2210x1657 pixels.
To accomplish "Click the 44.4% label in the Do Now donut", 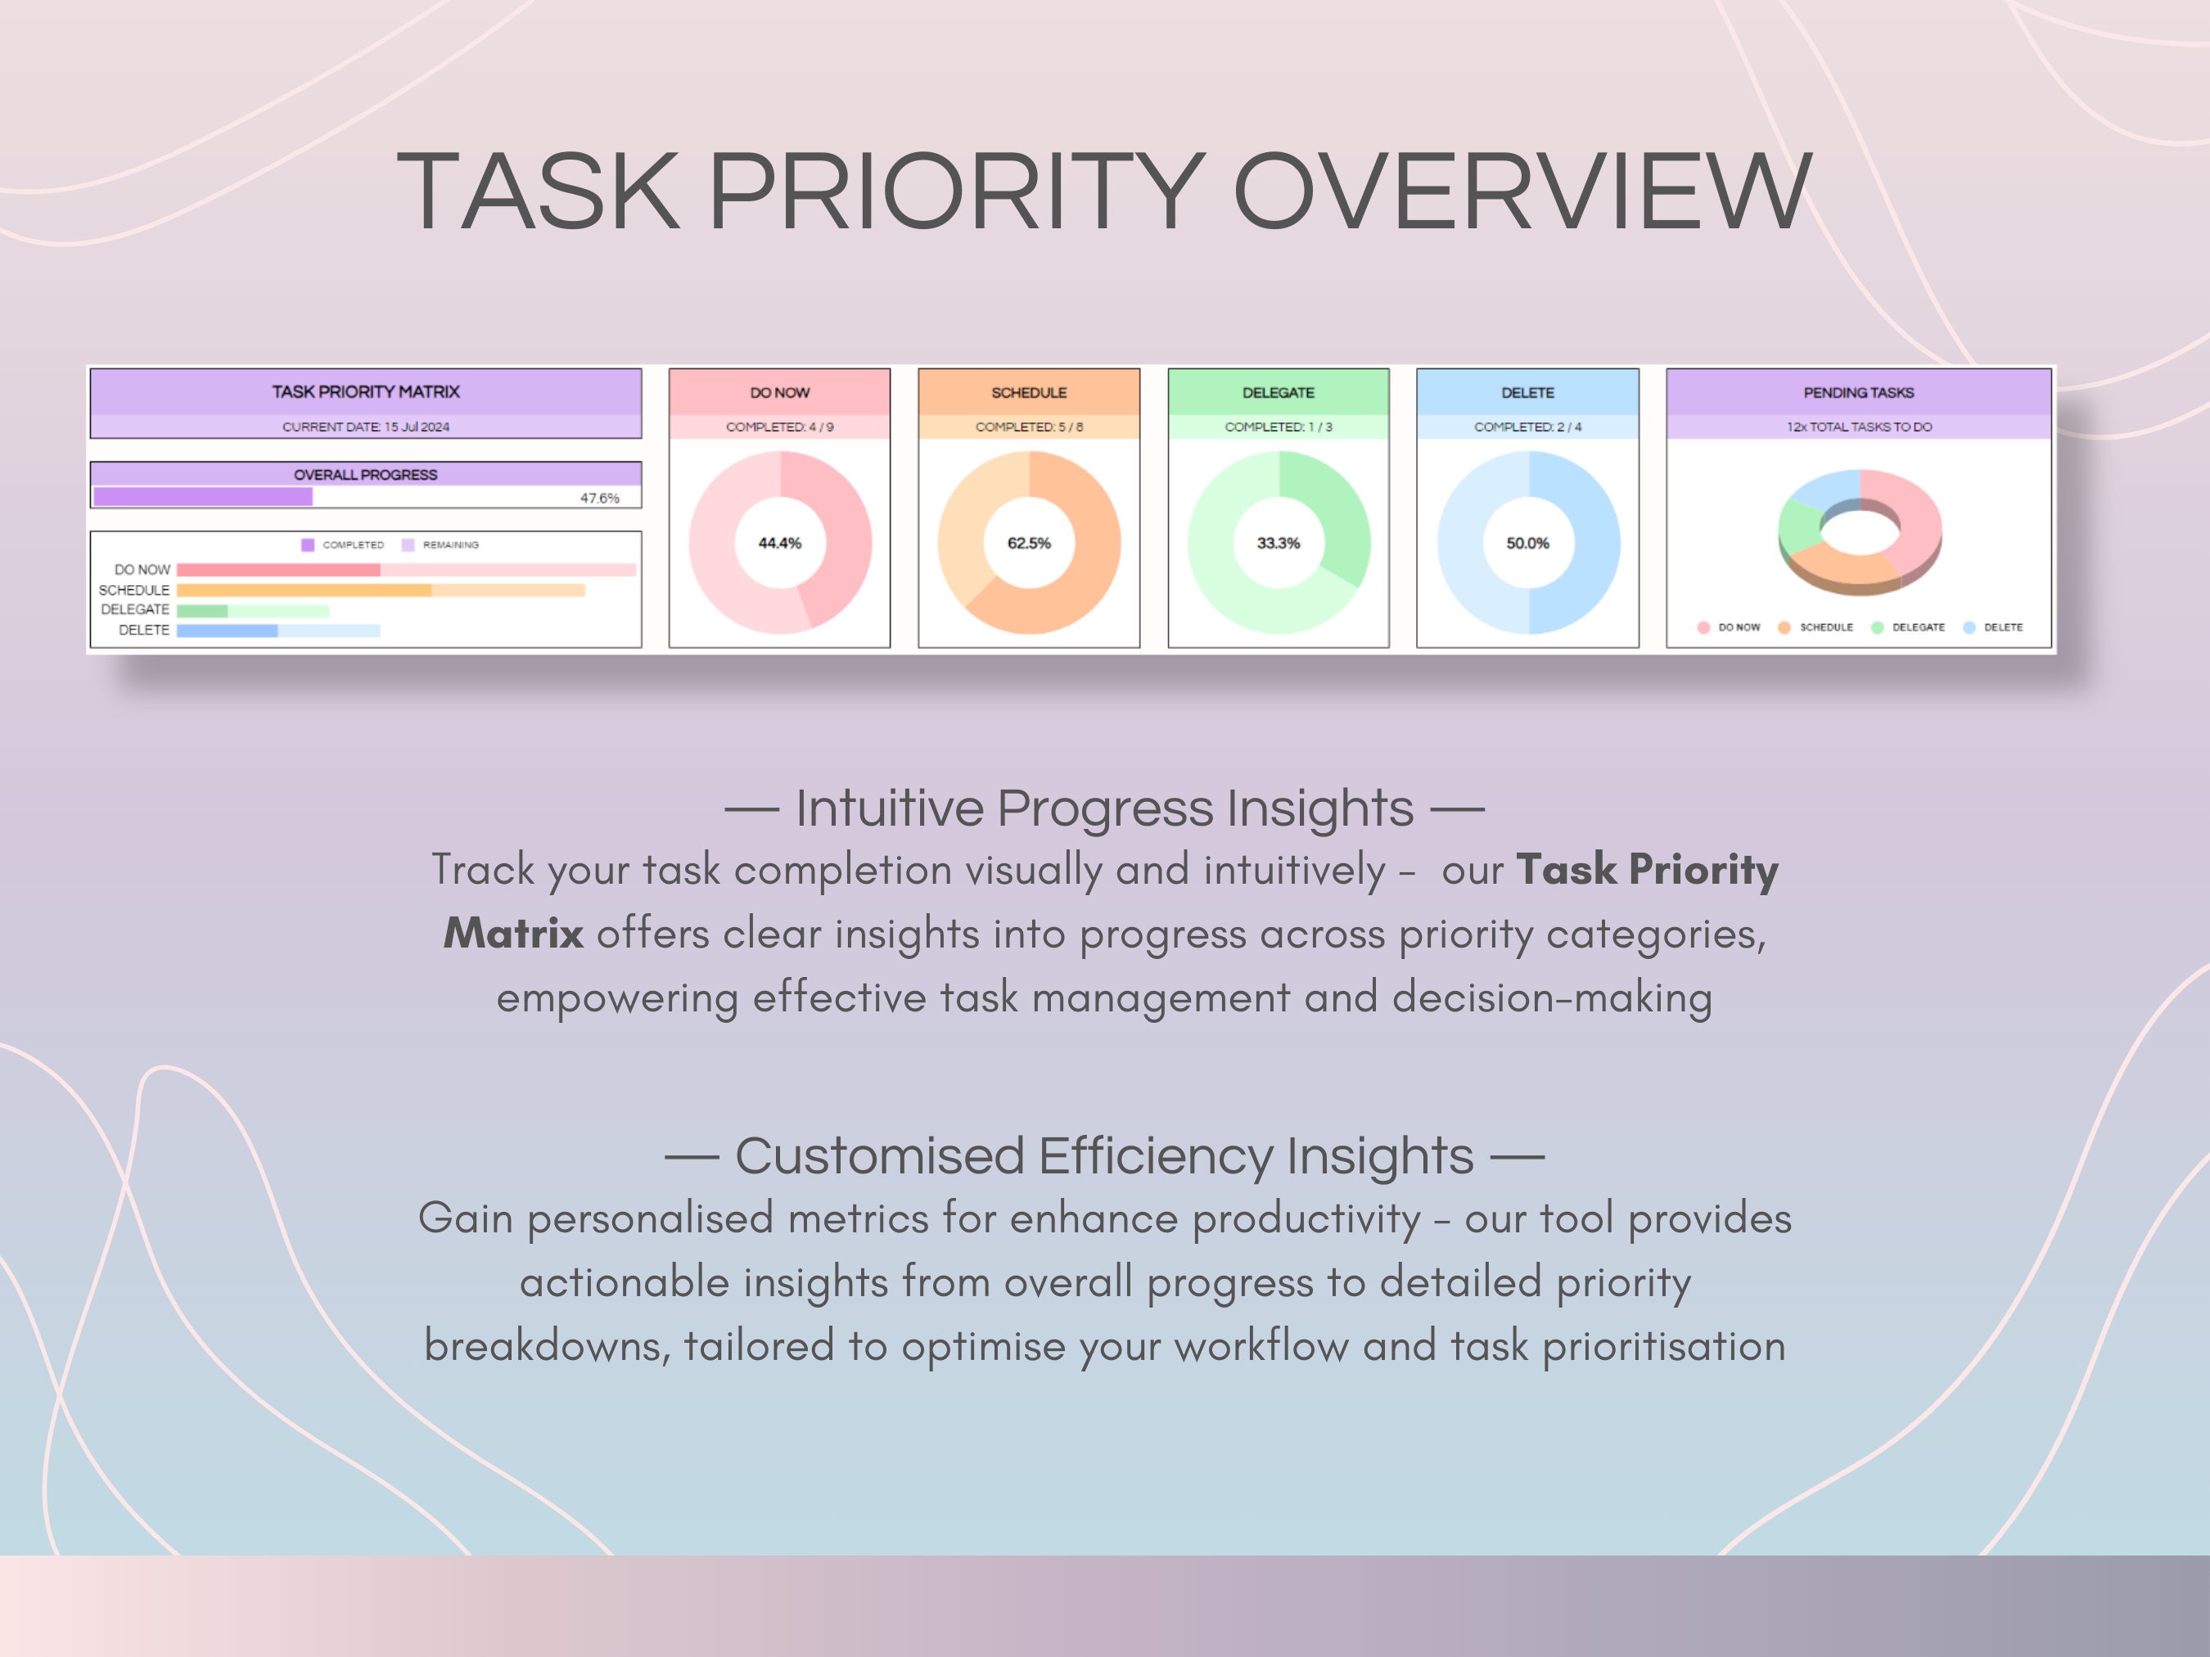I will [x=779, y=543].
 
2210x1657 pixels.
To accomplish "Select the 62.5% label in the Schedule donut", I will [x=1029, y=543].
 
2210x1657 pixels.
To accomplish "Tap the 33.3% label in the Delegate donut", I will [x=1278, y=543].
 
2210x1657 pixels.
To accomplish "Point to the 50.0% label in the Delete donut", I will [x=1527, y=543].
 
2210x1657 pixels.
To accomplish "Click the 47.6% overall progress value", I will [x=599, y=498].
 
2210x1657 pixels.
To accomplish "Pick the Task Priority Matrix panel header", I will [x=366, y=391].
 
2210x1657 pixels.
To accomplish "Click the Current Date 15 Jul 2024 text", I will [x=366, y=426].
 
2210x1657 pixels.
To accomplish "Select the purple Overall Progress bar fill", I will [x=203, y=497].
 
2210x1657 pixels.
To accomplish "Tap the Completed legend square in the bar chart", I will [x=308, y=545].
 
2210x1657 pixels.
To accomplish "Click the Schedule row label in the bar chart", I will [x=134, y=590].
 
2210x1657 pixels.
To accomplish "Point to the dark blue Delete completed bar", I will [x=227, y=631].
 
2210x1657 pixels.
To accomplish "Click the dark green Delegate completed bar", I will [x=202, y=610].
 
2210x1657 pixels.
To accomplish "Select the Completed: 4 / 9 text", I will [x=779, y=426].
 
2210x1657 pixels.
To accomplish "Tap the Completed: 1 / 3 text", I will [x=1278, y=426].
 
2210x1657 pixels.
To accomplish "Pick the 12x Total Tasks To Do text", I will [x=1858, y=426].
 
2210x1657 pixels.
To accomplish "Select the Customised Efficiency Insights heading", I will [x=1104, y=1155].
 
